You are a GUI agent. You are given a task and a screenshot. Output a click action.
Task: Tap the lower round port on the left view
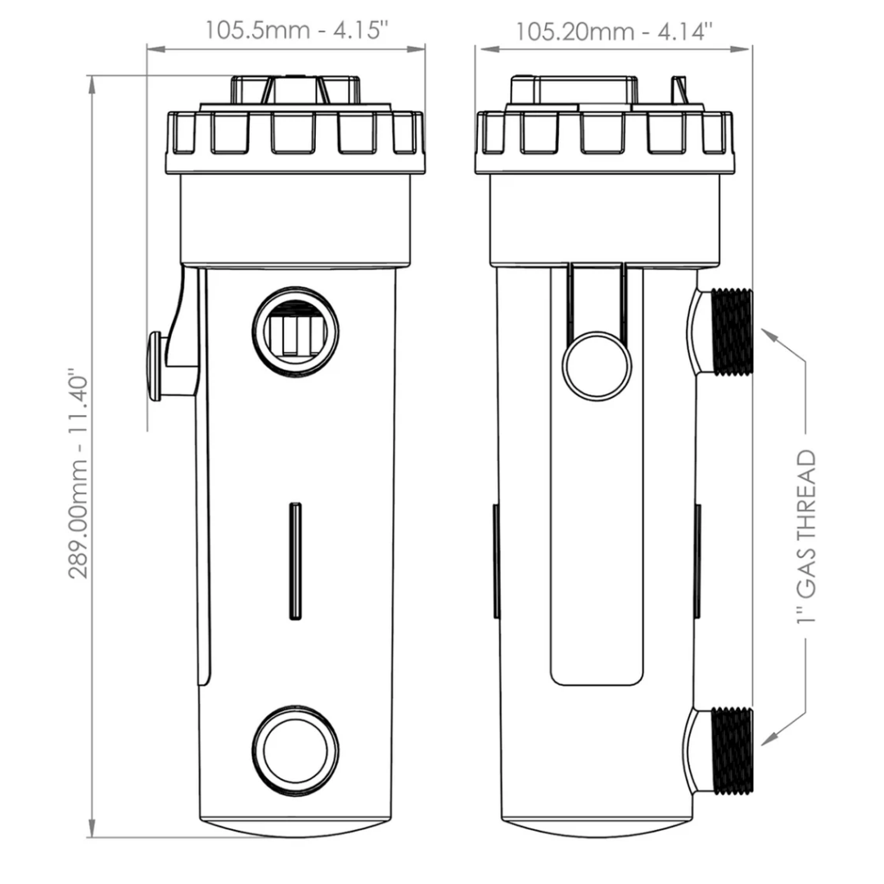tap(295, 752)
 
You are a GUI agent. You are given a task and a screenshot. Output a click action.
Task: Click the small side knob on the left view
tap(154, 366)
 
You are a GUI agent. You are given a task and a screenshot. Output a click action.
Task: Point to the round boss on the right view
tap(597, 366)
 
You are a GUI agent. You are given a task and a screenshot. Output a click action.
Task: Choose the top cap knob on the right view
tap(573, 89)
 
